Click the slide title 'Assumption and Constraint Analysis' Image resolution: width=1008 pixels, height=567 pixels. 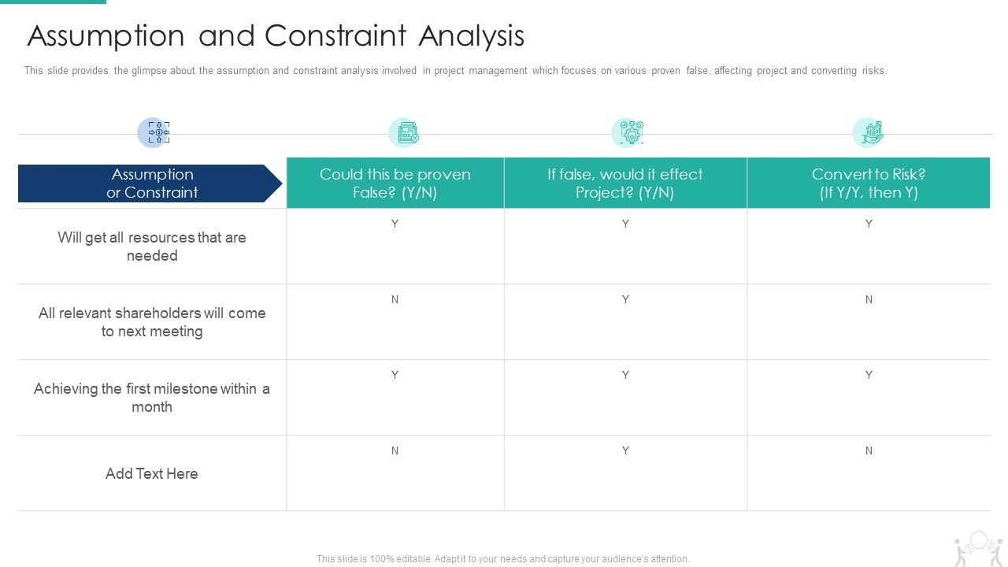click(x=276, y=36)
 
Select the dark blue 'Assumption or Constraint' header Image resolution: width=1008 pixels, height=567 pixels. click(x=151, y=183)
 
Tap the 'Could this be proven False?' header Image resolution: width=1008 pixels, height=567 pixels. click(x=395, y=183)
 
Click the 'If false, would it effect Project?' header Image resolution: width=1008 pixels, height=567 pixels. click(x=624, y=183)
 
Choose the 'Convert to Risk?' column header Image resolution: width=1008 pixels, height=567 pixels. click(x=868, y=183)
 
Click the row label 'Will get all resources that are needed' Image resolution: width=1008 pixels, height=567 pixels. click(x=152, y=246)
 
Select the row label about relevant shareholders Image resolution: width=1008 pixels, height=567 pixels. click(x=152, y=322)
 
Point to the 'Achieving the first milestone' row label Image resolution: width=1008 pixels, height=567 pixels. click(x=152, y=398)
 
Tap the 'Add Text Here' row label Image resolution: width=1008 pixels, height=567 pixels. click(x=152, y=473)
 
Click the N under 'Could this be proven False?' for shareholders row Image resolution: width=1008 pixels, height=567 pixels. click(x=395, y=299)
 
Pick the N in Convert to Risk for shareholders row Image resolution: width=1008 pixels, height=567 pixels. click(x=869, y=299)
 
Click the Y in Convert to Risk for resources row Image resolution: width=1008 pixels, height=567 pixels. click(x=869, y=224)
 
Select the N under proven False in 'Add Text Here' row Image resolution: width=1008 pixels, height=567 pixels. click(x=395, y=450)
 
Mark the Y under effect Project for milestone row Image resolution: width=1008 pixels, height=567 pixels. click(x=625, y=375)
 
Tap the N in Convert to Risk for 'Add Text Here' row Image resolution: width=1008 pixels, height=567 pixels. click(x=869, y=450)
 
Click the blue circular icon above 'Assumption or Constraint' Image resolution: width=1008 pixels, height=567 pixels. click(x=154, y=132)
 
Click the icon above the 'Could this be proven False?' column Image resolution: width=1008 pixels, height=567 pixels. click(x=405, y=132)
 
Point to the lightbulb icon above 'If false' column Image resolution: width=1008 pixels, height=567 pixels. click(x=628, y=132)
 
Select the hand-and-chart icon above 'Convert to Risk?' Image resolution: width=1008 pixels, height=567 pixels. click(x=868, y=132)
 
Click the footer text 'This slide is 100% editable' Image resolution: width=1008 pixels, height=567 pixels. click(x=502, y=559)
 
